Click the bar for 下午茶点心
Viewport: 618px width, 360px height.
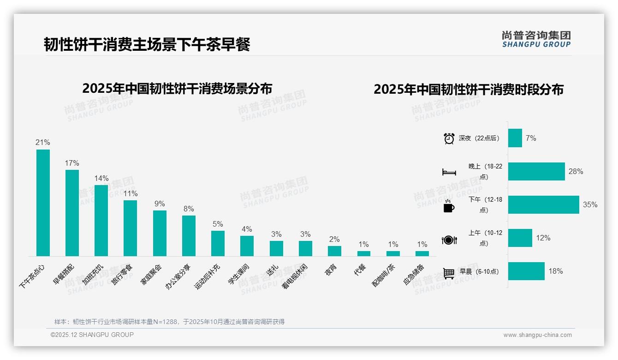[43, 203]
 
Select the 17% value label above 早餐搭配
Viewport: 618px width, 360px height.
[72, 163]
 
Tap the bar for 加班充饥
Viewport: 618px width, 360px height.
[101, 220]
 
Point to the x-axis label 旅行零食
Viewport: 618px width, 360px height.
[122, 275]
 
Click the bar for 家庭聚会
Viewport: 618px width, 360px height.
[160, 233]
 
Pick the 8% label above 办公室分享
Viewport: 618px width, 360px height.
[189, 209]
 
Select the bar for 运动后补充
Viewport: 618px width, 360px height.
[218, 243]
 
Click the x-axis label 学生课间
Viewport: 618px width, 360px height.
[239, 275]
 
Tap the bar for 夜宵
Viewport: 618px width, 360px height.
[334, 251]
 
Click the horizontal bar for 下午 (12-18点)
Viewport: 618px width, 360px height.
[543, 204]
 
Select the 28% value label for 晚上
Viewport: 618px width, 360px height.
[576, 172]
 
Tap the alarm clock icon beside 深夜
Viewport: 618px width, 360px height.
[449, 138]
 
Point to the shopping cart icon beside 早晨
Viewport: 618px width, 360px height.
[449, 273]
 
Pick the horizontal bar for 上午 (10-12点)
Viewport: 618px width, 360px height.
[520, 238]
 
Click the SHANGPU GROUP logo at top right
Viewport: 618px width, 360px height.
[536, 39]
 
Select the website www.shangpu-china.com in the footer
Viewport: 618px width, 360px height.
[537, 335]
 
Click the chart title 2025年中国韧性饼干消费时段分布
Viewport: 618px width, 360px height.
[468, 90]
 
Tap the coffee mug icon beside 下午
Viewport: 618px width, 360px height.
[449, 206]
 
